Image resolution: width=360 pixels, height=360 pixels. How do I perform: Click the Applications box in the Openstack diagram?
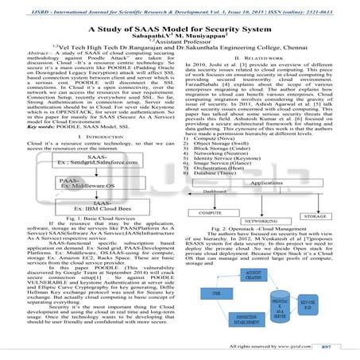pos(275,183)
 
